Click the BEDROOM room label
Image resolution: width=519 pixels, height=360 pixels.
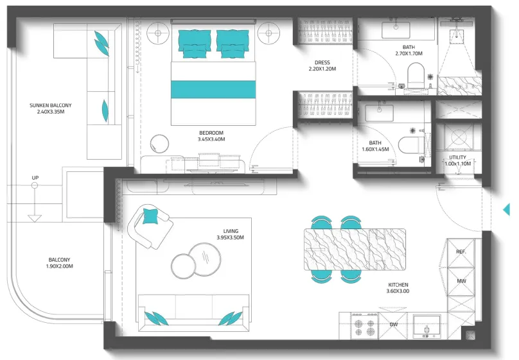pyautogui.click(x=211, y=133)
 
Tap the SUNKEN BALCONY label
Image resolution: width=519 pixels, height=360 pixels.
pyautogui.click(x=51, y=105)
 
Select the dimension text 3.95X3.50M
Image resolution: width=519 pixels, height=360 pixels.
pyautogui.click(x=231, y=237)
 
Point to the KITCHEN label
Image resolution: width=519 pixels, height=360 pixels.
pyautogui.click(x=398, y=285)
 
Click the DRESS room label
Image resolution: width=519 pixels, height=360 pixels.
pyautogui.click(x=322, y=62)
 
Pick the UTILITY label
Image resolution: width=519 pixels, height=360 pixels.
pyautogui.click(x=458, y=157)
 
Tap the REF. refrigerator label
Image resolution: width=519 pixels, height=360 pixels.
pyautogui.click(x=461, y=252)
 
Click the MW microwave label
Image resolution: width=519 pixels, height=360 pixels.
pyautogui.click(x=461, y=281)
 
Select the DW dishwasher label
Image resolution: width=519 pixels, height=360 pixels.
pyautogui.click(x=394, y=325)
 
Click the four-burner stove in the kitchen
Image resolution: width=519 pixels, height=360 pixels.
pyautogui.click(x=364, y=326)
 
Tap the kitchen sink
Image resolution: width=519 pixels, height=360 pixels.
pyautogui.click(x=427, y=327)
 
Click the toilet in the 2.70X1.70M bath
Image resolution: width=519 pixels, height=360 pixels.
pyautogui.click(x=416, y=75)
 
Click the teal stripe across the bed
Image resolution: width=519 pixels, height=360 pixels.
pyautogui.click(x=213, y=89)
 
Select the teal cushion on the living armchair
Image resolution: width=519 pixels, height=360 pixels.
pyautogui.click(x=150, y=216)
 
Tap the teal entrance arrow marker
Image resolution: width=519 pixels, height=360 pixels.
pyautogui.click(x=506, y=210)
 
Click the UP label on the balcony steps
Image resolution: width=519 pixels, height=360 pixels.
pyautogui.click(x=35, y=178)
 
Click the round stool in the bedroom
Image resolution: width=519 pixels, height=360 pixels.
pyautogui.click(x=159, y=144)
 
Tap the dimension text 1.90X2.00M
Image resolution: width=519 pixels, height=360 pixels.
pyautogui.click(x=60, y=266)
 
